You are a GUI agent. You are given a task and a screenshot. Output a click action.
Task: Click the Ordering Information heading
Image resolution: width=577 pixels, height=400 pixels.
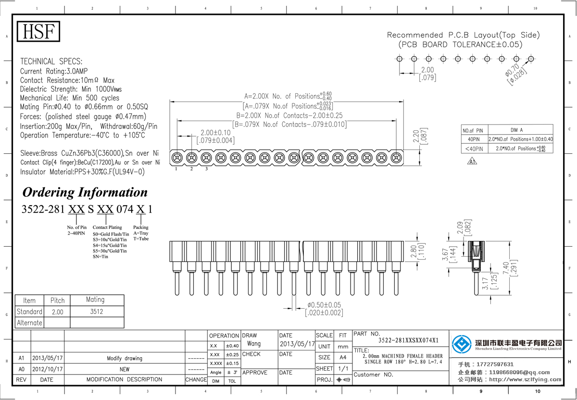coord(85,192)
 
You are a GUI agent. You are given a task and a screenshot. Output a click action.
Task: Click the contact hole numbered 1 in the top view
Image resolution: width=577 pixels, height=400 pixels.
coord(177,157)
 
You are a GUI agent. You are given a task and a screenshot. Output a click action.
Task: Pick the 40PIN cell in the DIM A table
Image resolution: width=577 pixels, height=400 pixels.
coord(473,139)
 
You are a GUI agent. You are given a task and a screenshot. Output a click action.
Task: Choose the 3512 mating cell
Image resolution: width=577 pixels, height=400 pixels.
coord(96,312)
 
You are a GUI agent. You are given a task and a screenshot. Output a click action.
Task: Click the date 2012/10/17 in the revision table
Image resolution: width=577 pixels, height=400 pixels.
coord(47,369)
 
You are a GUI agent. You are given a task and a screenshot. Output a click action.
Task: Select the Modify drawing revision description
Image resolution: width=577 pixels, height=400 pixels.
coord(125,358)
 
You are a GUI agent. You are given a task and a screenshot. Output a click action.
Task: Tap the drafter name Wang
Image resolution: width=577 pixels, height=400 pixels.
coord(253,344)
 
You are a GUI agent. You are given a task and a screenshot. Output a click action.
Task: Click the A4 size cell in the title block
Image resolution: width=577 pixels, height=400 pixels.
coord(342,357)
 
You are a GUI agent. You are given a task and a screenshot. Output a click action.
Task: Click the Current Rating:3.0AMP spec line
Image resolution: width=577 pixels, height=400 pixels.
coord(57,71)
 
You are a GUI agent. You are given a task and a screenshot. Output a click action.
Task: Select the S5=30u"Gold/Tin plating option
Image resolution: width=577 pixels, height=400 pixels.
coord(110,251)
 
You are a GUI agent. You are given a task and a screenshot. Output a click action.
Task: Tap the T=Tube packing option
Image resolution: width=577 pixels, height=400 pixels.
coord(141,239)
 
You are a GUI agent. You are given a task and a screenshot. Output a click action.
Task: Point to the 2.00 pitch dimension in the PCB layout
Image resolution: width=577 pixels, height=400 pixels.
coord(427,70)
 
